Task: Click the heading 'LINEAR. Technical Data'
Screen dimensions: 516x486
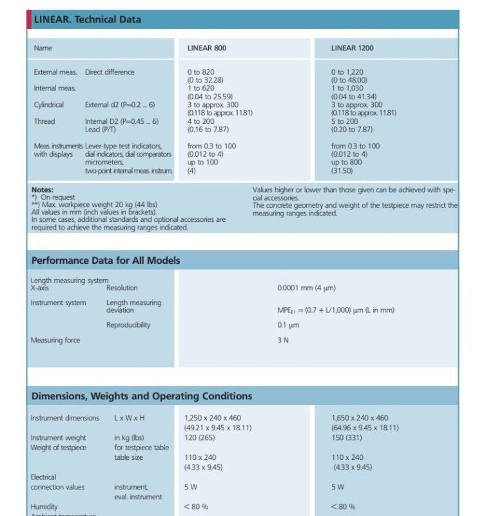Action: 87,19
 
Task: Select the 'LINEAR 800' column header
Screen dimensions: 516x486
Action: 207,48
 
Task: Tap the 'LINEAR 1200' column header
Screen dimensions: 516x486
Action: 352,48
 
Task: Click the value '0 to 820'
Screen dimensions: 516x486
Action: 201,72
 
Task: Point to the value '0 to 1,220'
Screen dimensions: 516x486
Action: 347,72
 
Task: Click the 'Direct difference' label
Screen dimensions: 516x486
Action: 110,72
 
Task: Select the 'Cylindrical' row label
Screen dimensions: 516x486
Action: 49,104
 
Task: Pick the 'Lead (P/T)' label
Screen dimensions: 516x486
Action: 101,130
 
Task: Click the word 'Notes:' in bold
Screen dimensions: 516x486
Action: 42,190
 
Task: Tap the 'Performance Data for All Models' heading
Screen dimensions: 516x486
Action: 106,261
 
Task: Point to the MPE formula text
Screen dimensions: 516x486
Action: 336,310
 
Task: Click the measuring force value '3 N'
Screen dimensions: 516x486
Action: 283,341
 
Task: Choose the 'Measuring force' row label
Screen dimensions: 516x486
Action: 55,341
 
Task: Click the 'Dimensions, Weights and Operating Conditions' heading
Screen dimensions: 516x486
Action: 142,396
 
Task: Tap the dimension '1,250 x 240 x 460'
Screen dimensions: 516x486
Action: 213,418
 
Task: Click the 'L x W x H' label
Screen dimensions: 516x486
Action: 129,418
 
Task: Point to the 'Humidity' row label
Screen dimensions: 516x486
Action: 44,507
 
